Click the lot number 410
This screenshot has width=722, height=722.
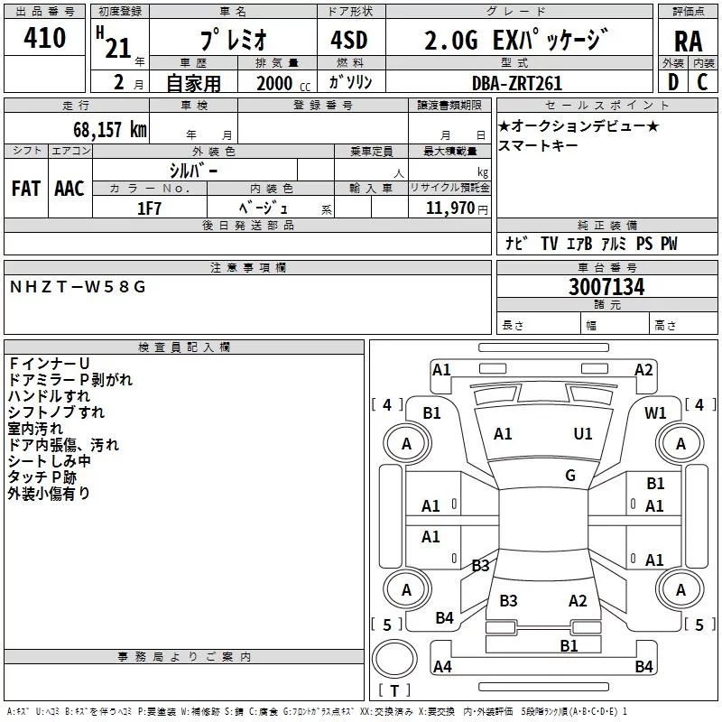click(x=46, y=39)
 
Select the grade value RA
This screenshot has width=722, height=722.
click(x=688, y=42)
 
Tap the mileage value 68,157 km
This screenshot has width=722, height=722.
click(x=109, y=129)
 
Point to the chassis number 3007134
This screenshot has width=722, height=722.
click(x=606, y=287)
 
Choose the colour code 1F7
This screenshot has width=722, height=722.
click(x=150, y=208)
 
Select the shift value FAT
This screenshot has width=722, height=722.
click(x=26, y=189)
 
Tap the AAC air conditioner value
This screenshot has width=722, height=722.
click(x=69, y=189)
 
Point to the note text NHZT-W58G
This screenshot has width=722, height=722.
click(x=77, y=287)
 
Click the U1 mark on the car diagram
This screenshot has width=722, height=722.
click(x=583, y=434)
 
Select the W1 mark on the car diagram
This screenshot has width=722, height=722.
click(x=655, y=412)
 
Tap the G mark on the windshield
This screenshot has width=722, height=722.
click(x=569, y=476)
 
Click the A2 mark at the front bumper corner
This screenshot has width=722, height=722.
click(x=643, y=369)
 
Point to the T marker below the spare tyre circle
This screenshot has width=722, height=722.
click(x=394, y=691)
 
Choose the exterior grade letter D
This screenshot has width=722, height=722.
click(x=671, y=82)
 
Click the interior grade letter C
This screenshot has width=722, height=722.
click(x=703, y=82)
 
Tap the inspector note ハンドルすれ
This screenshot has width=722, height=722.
click(x=49, y=396)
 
